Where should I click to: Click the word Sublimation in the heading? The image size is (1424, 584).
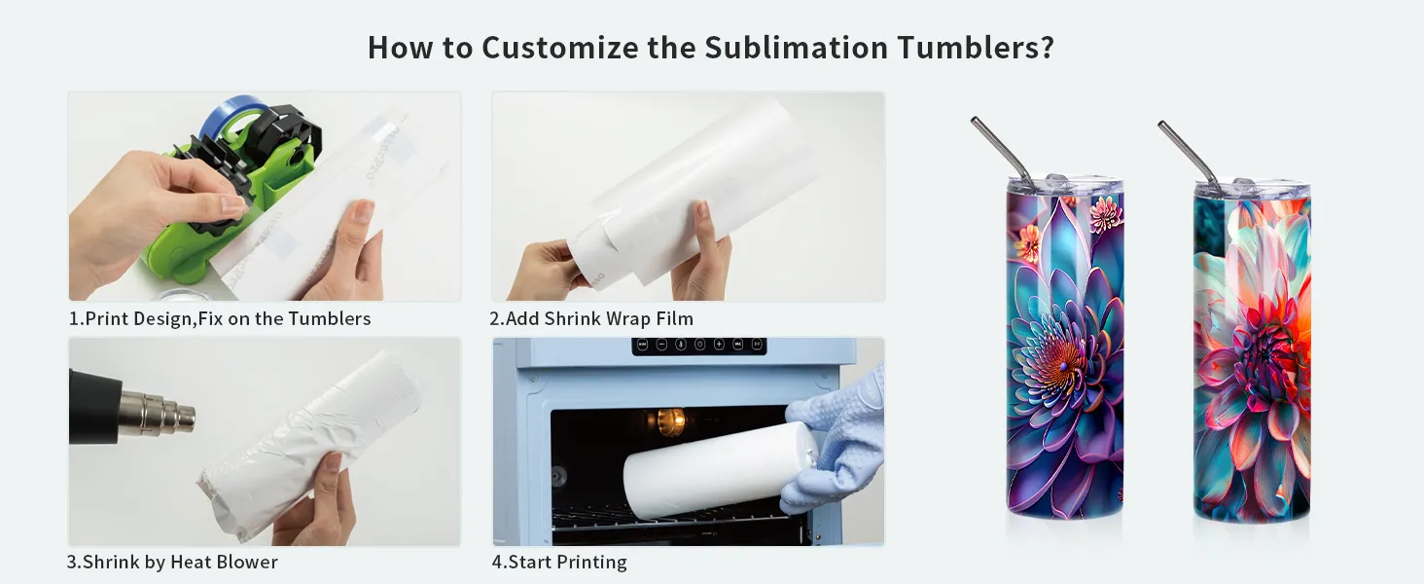(x=796, y=47)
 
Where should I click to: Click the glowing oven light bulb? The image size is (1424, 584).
(x=670, y=420)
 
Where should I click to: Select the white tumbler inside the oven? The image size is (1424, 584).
(x=720, y=471)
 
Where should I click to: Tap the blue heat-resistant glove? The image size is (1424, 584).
(x=834, y=439)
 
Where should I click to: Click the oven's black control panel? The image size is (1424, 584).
(x=698, y=346)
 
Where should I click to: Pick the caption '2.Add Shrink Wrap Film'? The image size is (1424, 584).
(x=591, y=318)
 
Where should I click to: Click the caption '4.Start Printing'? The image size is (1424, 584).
(x=558, y=562)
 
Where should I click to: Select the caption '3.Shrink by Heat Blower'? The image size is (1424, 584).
(x=172, y=562)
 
